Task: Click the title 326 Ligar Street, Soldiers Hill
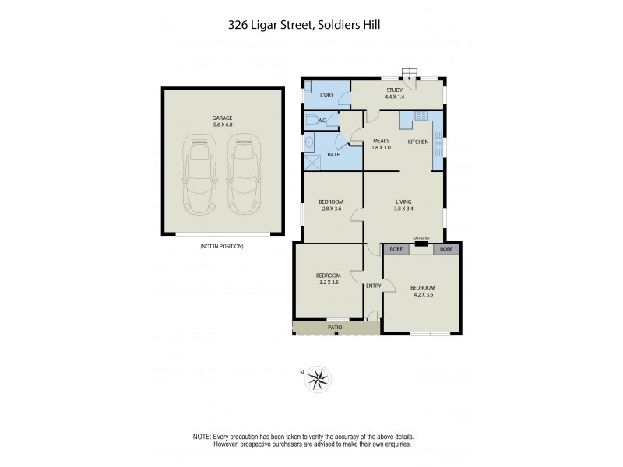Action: (311, 24)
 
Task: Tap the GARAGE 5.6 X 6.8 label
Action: (222, 121)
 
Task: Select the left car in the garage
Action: (200, 172)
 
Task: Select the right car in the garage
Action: (244, 172)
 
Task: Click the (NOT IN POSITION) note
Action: (222, 246)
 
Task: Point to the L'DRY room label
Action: (327, 95)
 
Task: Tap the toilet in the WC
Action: (312, 120)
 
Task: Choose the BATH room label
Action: (333, 154)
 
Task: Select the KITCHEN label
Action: (418, 142)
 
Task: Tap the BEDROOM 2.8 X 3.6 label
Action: (331, 205)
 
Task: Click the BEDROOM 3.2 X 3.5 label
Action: (328, 279)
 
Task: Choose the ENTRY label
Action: (373, 286)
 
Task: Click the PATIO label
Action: (334, 327)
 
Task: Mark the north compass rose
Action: (317, 379)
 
